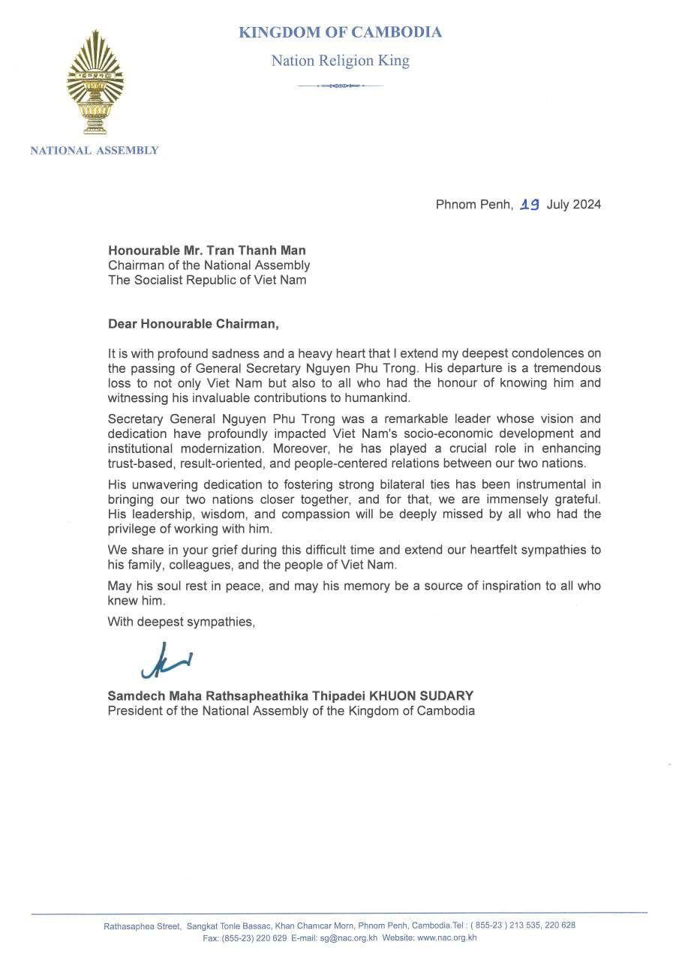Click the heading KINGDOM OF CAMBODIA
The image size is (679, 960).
point(340,32)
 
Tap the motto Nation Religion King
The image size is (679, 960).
point(340,61)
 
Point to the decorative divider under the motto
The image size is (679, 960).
point(340,86)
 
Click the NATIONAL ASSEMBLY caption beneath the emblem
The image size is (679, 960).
point(95,150)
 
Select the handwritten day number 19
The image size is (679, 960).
point(530,204)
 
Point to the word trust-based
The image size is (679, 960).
point(140,463)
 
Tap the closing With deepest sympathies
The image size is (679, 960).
point(182,621)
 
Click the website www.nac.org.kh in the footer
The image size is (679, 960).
point(447,937)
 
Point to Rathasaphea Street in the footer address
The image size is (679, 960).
point(142,926)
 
